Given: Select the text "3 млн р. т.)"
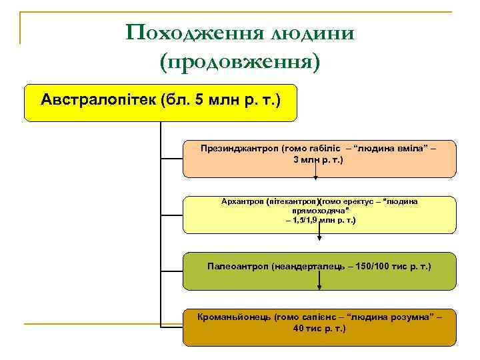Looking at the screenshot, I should point(321,161).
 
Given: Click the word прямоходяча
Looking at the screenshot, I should point(321,210).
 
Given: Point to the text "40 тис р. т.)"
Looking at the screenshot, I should point(320,329).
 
